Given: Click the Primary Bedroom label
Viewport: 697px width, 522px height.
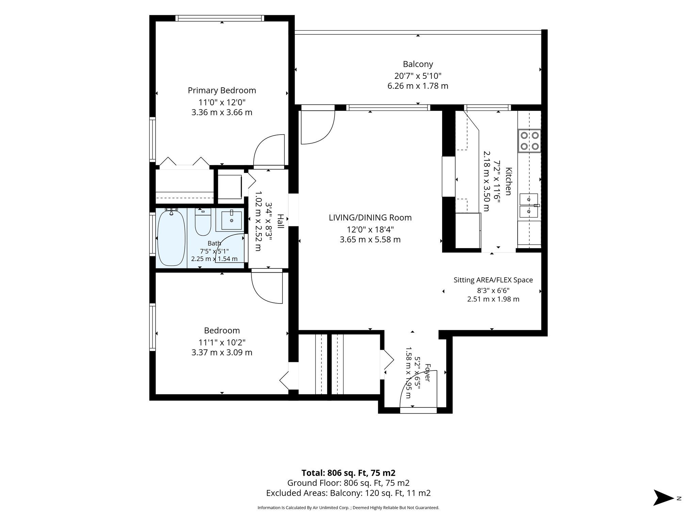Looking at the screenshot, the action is pos(222,90).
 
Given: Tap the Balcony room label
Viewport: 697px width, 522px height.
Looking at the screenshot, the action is pos(418,64).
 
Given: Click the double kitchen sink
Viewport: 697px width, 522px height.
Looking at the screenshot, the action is pos(529,206).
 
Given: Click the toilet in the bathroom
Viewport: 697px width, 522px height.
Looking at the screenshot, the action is pos(203,222).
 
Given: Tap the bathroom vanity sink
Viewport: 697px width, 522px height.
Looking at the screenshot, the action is pos(231,220).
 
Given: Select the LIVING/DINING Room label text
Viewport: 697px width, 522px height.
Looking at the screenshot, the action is pos(370,217).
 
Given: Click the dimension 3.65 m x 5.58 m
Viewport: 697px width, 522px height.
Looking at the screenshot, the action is pos(370,240).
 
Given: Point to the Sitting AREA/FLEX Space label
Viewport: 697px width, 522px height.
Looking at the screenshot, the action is pos(493,280).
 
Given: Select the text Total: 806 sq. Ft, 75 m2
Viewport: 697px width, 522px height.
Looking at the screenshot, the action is pos(348,473).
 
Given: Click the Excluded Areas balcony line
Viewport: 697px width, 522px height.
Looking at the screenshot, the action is pos(348,493).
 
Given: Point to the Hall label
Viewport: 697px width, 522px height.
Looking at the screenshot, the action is pos(280,221).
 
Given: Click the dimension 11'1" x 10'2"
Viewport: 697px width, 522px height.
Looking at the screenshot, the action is pos(222,342).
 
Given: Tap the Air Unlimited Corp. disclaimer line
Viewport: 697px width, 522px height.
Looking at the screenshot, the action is pos(348,508).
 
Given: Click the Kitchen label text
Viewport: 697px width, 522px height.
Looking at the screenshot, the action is pos(508,181).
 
